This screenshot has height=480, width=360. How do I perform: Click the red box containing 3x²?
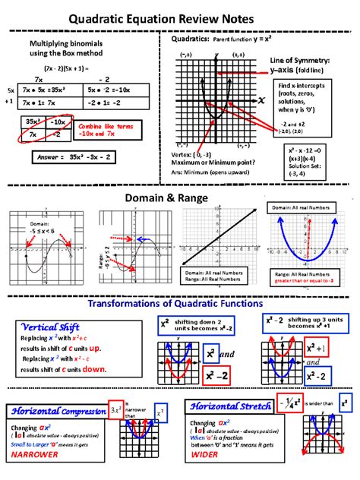(x=116, y=409)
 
